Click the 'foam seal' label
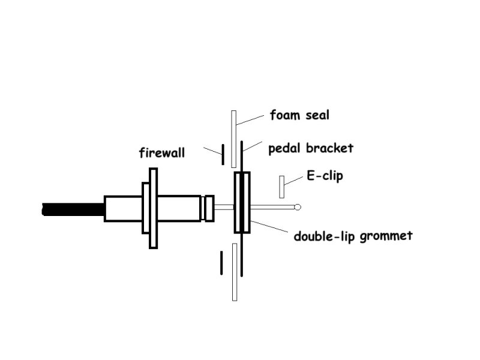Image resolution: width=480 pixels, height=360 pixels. click(299, 115)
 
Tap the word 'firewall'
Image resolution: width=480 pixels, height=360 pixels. click(161, 153)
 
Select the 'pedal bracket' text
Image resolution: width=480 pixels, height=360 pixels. click(311, 148)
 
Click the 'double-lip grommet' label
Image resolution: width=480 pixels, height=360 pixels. click(353, 236)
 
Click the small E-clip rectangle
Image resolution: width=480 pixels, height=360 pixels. click(281, 187)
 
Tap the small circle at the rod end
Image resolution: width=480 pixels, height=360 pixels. click(297, 208)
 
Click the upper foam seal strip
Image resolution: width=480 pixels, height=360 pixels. click(234, 139)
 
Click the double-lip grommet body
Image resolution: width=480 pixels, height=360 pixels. click(242, 202)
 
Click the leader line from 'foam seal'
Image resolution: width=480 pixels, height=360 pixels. click(251, 119)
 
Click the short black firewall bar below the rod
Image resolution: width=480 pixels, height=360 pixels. click(221, 261)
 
